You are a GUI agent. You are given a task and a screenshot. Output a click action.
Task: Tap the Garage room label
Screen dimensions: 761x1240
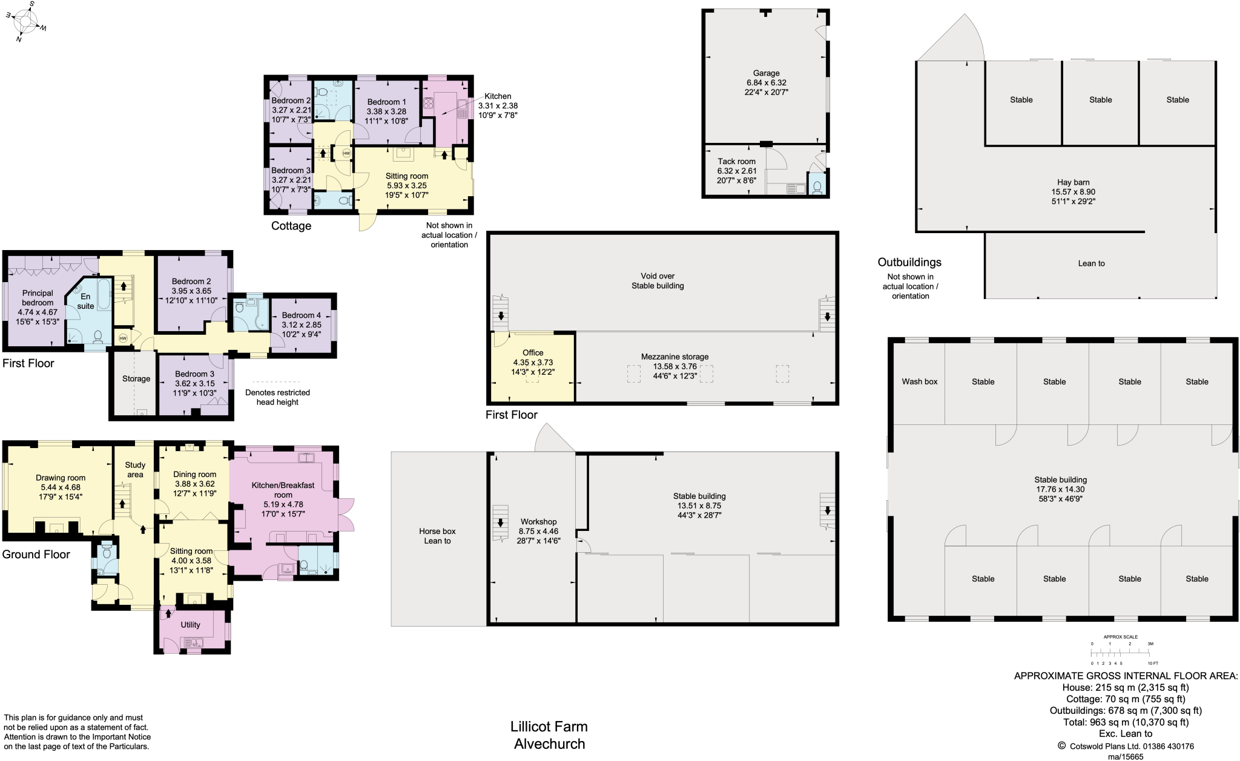coord(767,73)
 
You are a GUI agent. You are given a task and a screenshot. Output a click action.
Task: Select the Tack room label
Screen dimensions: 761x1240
coord(736,162)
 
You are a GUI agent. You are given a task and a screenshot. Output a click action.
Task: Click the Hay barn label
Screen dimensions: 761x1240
coord(1073,182)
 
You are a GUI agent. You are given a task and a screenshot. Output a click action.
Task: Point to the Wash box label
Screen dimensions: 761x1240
coord(919,381)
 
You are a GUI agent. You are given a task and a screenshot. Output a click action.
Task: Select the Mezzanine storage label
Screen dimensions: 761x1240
coord(674,357)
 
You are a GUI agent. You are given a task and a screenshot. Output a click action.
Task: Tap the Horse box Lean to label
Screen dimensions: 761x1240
coord(437,536)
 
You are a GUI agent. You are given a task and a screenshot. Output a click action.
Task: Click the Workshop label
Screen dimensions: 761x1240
coord(538,522)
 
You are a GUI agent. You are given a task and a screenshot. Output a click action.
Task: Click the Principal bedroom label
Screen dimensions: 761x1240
coord(38,298)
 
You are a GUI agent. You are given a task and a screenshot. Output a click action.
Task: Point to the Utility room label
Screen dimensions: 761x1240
coord(190,625)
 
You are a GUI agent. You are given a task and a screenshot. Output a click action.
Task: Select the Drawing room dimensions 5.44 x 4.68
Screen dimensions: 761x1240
coord(61,487)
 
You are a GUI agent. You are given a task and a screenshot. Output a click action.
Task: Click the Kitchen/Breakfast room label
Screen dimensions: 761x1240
coord(283,490)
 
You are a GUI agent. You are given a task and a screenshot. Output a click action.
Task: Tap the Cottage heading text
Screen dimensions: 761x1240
coord(291,226)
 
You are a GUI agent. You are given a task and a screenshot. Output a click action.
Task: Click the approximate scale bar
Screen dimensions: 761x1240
coord(1120,653)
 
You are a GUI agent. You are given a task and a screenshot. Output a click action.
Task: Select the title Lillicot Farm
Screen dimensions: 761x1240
coord(549,726)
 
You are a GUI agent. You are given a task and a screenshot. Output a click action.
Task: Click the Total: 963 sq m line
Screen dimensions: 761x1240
coord(1126,722)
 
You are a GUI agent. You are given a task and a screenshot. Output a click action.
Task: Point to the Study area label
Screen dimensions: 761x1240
coord(135,470)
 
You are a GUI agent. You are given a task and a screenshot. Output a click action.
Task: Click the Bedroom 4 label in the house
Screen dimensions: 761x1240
coord(301,315)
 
